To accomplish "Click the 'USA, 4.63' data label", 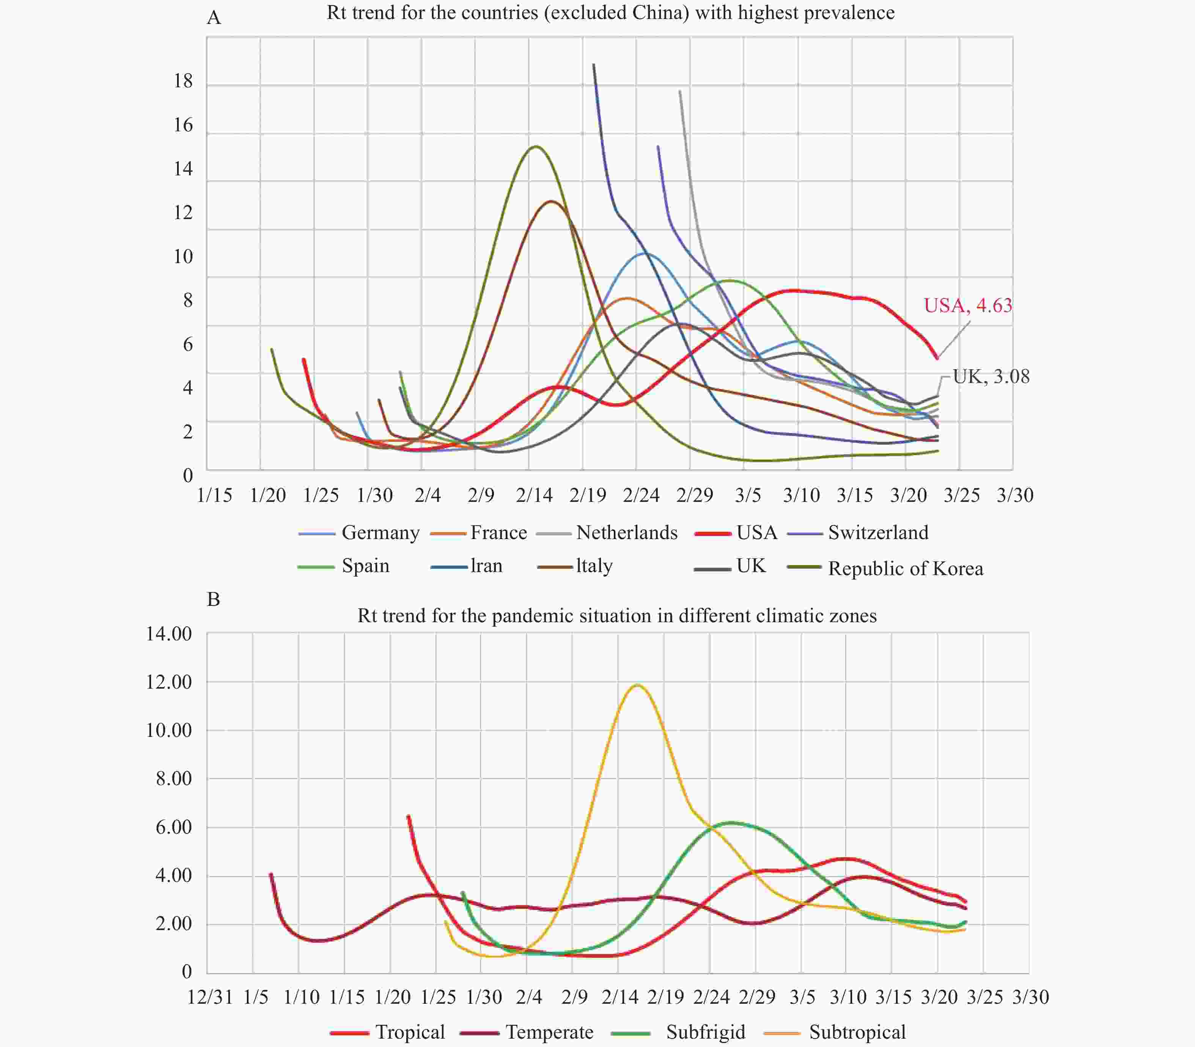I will tap(967, 306).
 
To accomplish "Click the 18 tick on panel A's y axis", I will tap(183, 81).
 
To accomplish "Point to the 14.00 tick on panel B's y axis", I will tap(169, 634).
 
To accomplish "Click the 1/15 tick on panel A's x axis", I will tap(214, 495).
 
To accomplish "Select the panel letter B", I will tap(214, 599).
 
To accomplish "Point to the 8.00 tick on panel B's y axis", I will tap(173, 779).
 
